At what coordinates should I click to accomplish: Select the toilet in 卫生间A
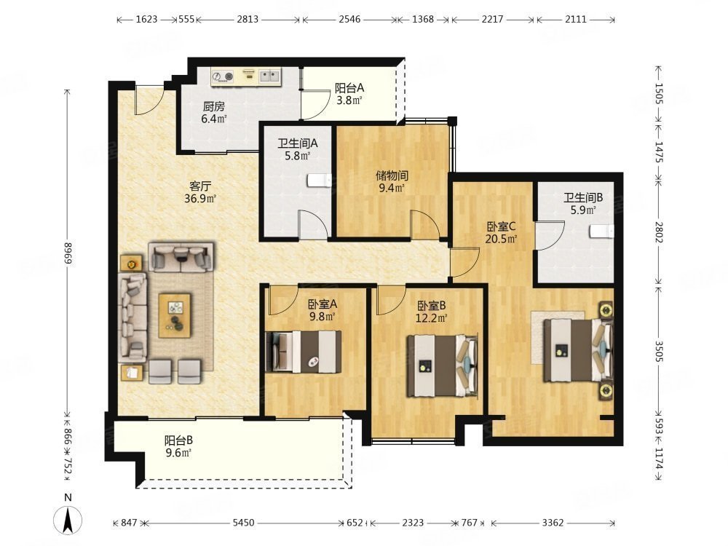pyautogui.click(x=320, y=180)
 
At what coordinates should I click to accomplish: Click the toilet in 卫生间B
pyautogui.click(x=602, y=231)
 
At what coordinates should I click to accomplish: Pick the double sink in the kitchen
pyautogui.click(x=269, y=76)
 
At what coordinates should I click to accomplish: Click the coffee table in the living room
pyautogui.click(x=175, y=315)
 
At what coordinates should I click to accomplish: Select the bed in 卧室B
pyautogui.click(x=443, y=366)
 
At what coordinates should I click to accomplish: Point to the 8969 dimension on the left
pyautogui.click(x=68, y=253)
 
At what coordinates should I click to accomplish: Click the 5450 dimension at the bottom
pyautogui.click(x=243, y=523)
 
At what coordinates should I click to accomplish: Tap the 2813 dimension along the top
pyautogui.click(x=248, y=19)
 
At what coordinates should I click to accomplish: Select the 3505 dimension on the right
pyautogui.click(x=658, y=352)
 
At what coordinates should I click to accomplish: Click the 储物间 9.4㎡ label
pyautogui.click(x=392, y=181)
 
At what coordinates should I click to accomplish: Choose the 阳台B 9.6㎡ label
pyautogui.click(x=178, y=446)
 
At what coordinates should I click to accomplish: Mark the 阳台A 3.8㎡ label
pyautogui.click(x=349, y=94)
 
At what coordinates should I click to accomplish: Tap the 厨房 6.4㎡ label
pyautogui.click(x=213, y=112)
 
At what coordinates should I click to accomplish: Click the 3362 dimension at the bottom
pyautogui.click(x=553, y=523)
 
